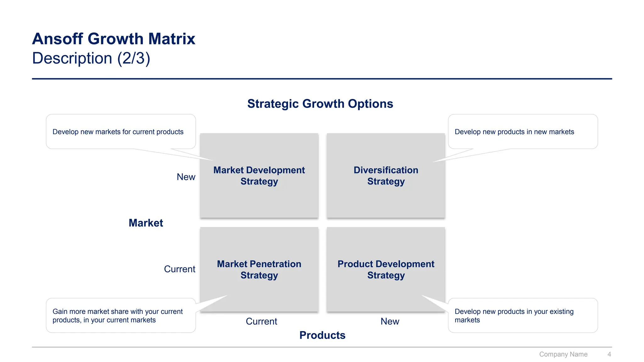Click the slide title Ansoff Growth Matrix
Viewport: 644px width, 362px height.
point(114,39)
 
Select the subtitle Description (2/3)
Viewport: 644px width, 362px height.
point(91,58)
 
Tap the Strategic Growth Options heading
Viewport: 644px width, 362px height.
point(320,104)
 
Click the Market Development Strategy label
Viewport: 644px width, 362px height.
point(259,176)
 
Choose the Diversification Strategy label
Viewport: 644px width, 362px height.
point(386,176)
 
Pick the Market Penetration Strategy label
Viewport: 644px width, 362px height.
point(259,270)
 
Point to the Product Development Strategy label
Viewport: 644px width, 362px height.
point(386,270)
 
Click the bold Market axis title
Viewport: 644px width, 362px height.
point(146,223)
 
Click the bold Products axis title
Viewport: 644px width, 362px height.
point(322,335)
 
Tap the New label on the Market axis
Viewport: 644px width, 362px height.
point(186,177)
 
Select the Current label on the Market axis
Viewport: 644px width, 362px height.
point(180,269)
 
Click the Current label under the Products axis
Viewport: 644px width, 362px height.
point(261,321)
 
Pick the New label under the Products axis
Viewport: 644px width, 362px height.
point(390,321)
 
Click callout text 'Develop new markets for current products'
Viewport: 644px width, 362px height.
point(118,132)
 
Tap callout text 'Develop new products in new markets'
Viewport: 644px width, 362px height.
point(514,132)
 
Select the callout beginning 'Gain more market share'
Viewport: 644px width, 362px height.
point(117,316)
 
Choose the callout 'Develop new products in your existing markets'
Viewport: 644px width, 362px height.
point(514,316)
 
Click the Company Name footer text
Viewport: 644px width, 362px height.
point(563,354)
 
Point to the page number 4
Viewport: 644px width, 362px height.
point(609,354)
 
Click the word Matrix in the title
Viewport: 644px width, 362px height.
point(172,39)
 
